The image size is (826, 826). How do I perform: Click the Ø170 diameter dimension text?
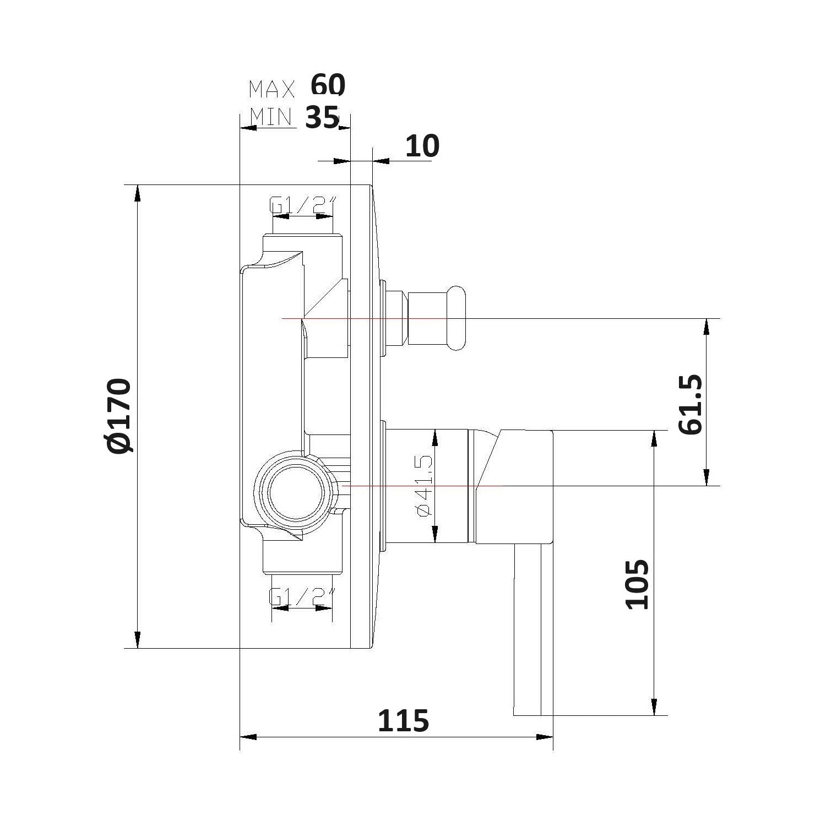tap(119, 416)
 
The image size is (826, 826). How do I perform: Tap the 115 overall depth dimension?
tap(403, 721)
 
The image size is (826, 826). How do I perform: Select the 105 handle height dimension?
tap(638, 584)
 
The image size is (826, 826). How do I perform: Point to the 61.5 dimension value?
tap(691, 405)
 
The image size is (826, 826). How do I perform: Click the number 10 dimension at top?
tap(422, 146)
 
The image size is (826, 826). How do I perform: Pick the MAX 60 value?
tap(328, 85)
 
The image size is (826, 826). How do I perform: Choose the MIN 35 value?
tap(322, 117)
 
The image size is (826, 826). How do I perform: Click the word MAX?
tap(271, 89)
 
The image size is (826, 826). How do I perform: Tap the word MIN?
tap(270, 117)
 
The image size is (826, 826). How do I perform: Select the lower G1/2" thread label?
tap(302, 596)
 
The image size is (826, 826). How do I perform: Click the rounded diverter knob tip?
tap(457, 318)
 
